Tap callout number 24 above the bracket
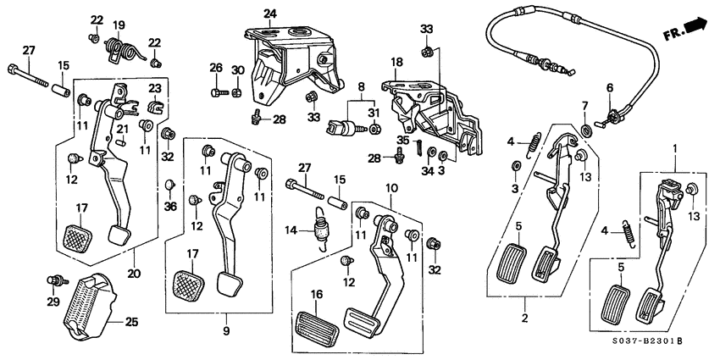pyautogui.click(x=270, y=14)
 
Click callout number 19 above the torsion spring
pyautogui.click(x=119, y=25)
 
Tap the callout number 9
pyautogui.click(x=226, y=330)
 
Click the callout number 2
pyautogui.click(x=525, y=318)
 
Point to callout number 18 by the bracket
pyautogui.click(x=396, y=62)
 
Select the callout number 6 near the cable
pyautogui.click(x=608, y=87)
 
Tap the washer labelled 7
pyautogui.click(x=586, y=130)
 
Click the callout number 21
pyautogui.click(x=122, y=129)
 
